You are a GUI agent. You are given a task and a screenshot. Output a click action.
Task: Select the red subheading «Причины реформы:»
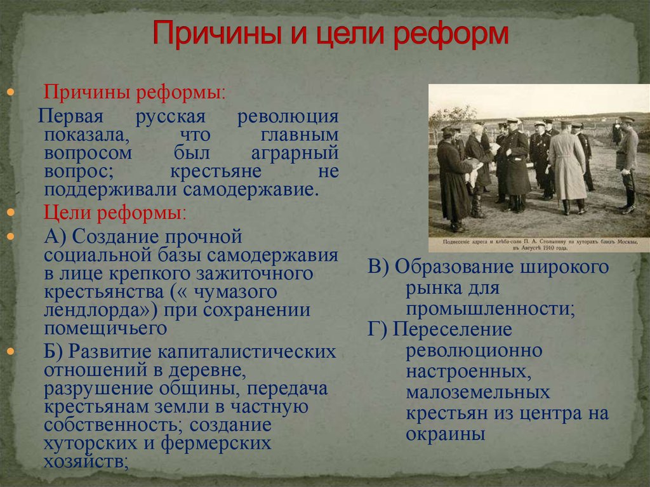point(135,91)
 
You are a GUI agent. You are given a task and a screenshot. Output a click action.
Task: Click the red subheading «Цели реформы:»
point(115,213)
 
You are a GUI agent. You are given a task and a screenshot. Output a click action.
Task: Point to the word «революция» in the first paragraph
point(288,117)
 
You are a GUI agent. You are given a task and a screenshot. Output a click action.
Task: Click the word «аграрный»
point(295,154)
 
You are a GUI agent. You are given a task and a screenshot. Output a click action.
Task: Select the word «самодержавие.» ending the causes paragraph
point(251,190)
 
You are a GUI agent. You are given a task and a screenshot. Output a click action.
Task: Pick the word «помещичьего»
point(105,329)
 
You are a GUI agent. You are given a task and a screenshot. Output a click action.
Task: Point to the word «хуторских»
point(90,443)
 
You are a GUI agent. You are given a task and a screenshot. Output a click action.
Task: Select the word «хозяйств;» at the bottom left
point(86,462)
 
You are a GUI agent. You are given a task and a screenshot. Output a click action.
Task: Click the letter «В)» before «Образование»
point(378,267)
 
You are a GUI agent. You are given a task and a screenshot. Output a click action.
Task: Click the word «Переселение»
point(452,330)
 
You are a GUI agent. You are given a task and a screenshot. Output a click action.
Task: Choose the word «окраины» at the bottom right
point(446,434)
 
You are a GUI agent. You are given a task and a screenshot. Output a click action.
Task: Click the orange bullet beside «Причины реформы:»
point(11,91)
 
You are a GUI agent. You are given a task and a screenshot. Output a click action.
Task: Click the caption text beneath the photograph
point(540,244)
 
